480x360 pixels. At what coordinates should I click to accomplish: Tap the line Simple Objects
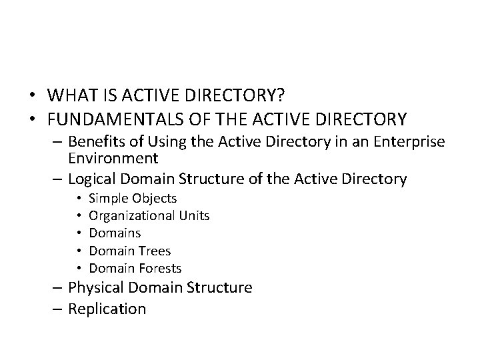pos(133,198)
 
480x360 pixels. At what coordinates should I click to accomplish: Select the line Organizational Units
pos(149,215)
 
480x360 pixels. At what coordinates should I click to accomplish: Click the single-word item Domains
pos(115,233)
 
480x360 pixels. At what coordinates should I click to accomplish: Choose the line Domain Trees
pos(130,251)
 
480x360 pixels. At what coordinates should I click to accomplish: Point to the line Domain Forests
pos(135,268)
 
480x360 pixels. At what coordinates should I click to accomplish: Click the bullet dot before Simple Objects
pos(79,198)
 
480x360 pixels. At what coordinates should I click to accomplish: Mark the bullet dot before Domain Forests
pos(79,268)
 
